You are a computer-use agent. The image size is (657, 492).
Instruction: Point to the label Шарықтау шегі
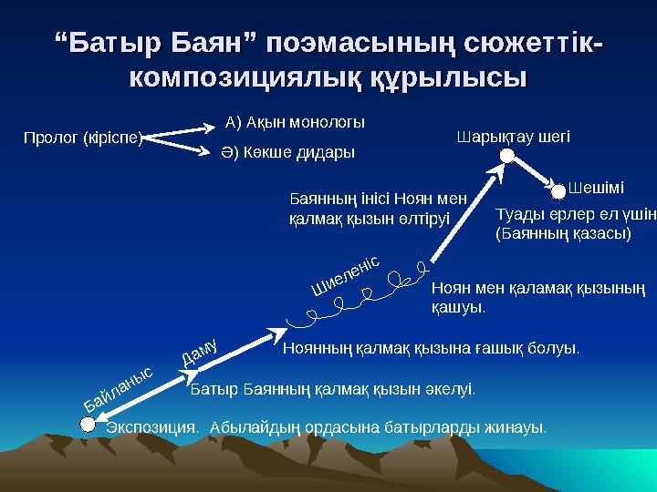point(512,138)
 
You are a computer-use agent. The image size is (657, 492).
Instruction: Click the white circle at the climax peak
point(506,157)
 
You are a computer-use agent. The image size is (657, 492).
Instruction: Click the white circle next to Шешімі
point(558,190)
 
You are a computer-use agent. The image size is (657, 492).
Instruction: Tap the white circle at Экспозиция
point(88,424)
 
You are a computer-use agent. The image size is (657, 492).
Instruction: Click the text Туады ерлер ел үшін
point(575,216)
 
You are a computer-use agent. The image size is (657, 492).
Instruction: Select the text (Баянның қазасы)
point(563,234)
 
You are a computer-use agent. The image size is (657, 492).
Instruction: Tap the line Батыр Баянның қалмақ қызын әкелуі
point(332,389)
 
